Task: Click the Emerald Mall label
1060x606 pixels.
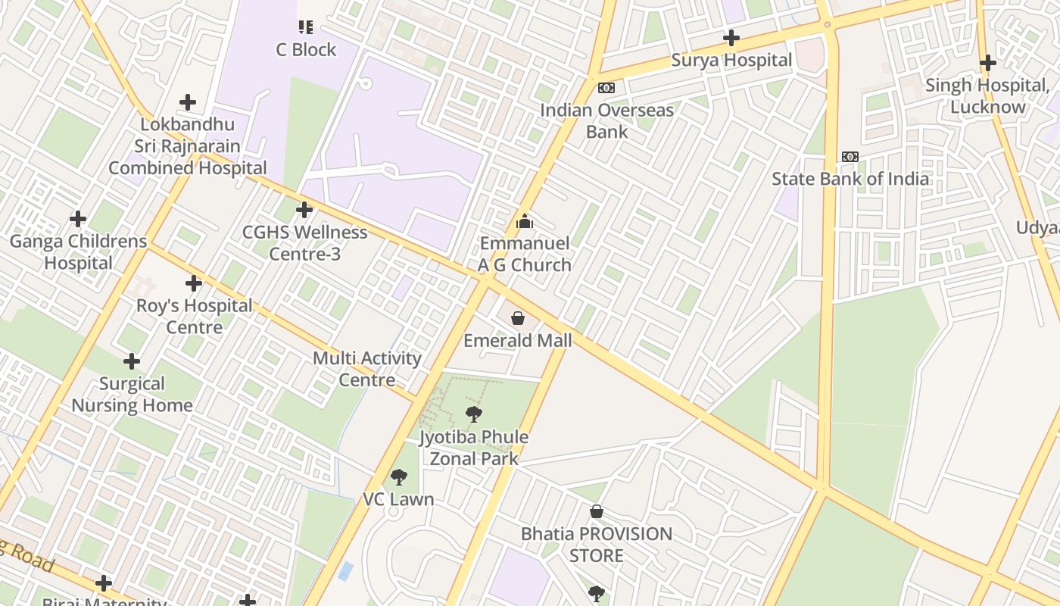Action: pyautogui.click(x=518, y=341)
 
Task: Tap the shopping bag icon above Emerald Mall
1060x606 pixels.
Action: pyautogui.click(x=518, y=318)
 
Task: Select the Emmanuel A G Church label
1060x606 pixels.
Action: pyautogui.click(x=524, y=254)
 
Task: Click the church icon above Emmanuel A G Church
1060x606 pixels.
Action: pyautogui.click(x=524, y=222)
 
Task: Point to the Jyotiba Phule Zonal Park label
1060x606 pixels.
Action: pyautogui.click(x=474, y=448)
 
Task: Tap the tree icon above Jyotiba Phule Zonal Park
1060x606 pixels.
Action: pyautogui.click(x=474, y=414)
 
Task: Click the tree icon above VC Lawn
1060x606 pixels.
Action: pyautogui.click(x=398, y=477)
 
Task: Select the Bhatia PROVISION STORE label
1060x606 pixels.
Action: pyautogui.click(x=597, y=545)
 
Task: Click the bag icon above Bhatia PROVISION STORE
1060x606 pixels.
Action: pyautogui.click(x=597, y=511)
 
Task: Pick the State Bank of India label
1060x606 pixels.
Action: pyautogui.click(x=850, y=179)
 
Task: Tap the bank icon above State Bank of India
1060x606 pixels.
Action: pyautogui.click(x=850, y=157)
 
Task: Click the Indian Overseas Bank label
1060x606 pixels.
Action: pyautogui.click(x=606, y=120)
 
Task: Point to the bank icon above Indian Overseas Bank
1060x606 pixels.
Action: pyautogui.click(x=606, y=88)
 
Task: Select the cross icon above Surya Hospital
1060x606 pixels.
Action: pyautogui.click(x=731, y=37)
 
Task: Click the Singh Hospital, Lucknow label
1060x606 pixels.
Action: pyautogui.click(x=987, y=96)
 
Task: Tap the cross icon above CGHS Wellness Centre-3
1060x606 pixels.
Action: pyautogui.click(x=304, y=210)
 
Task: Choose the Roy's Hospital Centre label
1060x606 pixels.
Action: pyautogui.click(x=195, y=317)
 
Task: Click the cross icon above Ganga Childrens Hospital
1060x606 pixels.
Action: pyautogui.click(x=78, y=220)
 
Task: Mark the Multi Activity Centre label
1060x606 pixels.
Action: pyautogui.click(x=367, y=369)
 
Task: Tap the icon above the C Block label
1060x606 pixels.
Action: pyautogui.click(x=306, y=27)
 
